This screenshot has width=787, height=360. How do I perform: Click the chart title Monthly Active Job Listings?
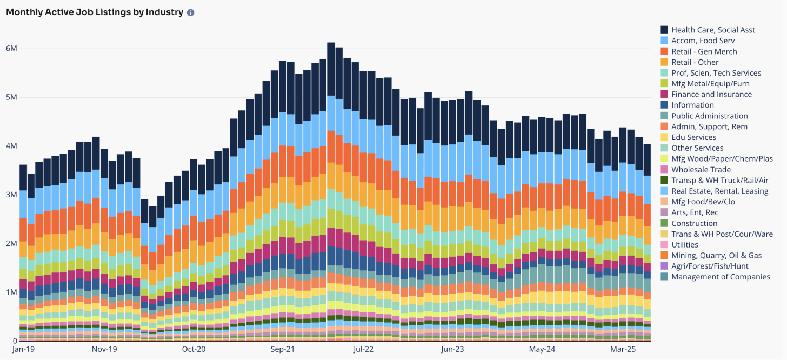[x=95, y=12]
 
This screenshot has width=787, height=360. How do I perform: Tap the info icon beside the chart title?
[x=191, y=12]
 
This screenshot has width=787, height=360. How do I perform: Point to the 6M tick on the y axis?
[x=11, y=49]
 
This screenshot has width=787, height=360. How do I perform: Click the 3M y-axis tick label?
[x=11, y=195]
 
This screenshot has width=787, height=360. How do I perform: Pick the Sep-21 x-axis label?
[x=283, y=350]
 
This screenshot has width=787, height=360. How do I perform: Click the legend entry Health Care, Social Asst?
[x=713, y=30]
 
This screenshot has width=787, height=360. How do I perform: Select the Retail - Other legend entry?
[x=695, y=62]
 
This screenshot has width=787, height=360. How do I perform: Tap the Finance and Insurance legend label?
[x=711, y=94]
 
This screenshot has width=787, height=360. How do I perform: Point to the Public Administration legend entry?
[x=709, y=116]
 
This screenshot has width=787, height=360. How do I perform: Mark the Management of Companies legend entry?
[x=721, y=277]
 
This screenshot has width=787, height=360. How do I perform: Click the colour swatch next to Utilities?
[x=664, y=245]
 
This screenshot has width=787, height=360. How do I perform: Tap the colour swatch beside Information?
[x=664, y=105]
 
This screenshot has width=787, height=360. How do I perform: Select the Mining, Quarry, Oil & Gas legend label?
[x=717, y=255]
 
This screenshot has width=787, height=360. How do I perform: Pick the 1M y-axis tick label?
[x=11, y=292]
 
